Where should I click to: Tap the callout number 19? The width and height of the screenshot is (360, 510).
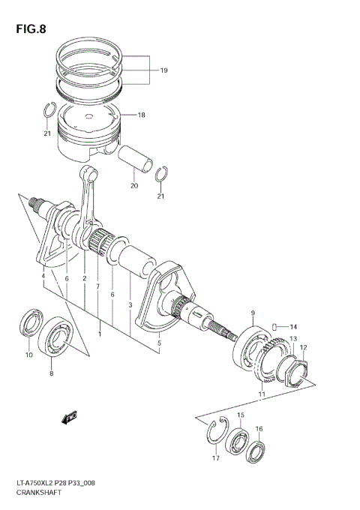click(x=163, y=70)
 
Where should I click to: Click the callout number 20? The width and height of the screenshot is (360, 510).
click(x=134, y=185)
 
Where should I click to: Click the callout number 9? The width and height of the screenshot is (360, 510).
click(x=253, y=313)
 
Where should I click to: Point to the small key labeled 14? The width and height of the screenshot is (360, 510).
click(x=276, y=326)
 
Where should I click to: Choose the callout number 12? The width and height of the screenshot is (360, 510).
click(x=303, y=347)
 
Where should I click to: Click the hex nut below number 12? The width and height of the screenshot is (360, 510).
click(x=298, y=370)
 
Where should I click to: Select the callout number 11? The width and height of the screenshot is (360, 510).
click(x=262, y=394)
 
